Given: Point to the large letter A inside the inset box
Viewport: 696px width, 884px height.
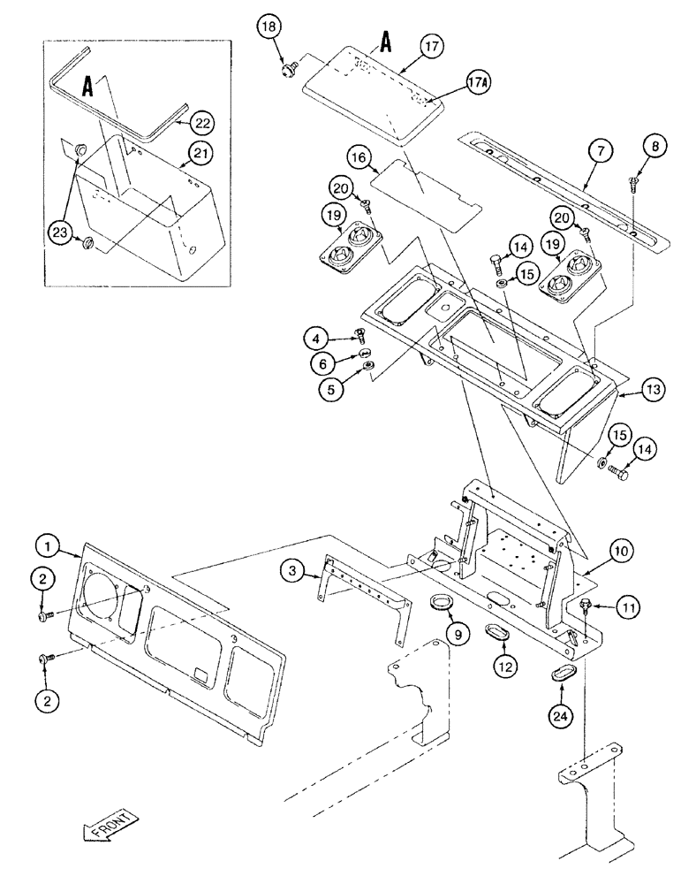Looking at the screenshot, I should pos(89,86).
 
